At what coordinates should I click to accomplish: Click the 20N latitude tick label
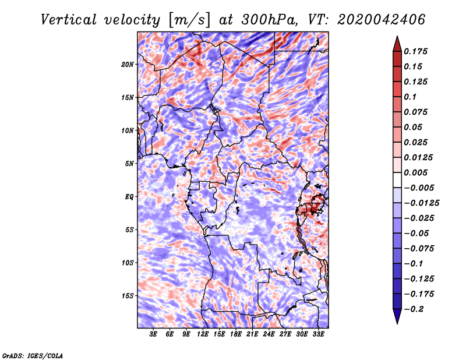click(x=128, y=65)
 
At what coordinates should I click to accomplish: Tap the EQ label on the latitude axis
click(x=129, y=197)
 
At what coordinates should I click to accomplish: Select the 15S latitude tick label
click(x=128, y=296)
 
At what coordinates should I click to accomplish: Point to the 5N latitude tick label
click(x=129, y=164)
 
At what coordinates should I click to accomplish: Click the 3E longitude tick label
click(x=153, y=334)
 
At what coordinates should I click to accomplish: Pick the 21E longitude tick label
click(x=252, y=334)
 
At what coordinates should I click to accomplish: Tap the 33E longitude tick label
click(x=318, y=334)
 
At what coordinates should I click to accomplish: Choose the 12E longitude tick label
click(x=202, y=334)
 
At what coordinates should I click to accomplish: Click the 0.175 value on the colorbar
click(x=415, y=51)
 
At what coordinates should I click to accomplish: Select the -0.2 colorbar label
click(x=414, y=309)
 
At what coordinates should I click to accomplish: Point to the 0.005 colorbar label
click(x=415, y=172)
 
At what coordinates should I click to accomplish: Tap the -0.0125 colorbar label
click(x=421, y=203)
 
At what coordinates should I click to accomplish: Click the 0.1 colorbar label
click(x=410, y=97)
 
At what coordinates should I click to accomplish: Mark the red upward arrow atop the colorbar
click(x=397, y=44)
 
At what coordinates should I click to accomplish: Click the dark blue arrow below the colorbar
click(x=397, y=316)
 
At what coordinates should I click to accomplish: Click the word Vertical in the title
click(x=69, y=20)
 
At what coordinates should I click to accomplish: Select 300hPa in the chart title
click(x=269, y=20)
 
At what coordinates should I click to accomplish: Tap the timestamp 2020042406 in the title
click(x=382, y=20)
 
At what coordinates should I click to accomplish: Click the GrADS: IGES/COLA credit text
click(x=33, y=355)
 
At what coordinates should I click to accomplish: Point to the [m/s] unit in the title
click(x=189, y=20)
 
